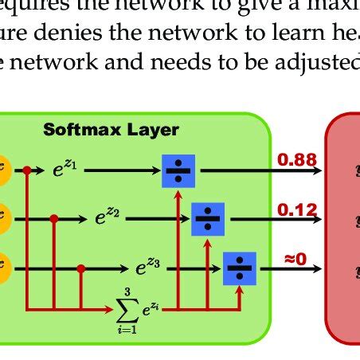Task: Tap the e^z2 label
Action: click(x=108, y=216)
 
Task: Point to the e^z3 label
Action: click(x=147, y=268)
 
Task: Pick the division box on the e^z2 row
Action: click(x=208, y=216)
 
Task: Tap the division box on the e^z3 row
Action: click(x=237, y=268)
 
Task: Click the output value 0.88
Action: click(x=296, y=161)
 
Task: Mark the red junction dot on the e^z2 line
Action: click(x=53, y=217)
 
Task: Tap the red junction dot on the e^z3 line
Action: click(x=80, y=268)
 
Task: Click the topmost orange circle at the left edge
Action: click(x=3, y=170)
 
